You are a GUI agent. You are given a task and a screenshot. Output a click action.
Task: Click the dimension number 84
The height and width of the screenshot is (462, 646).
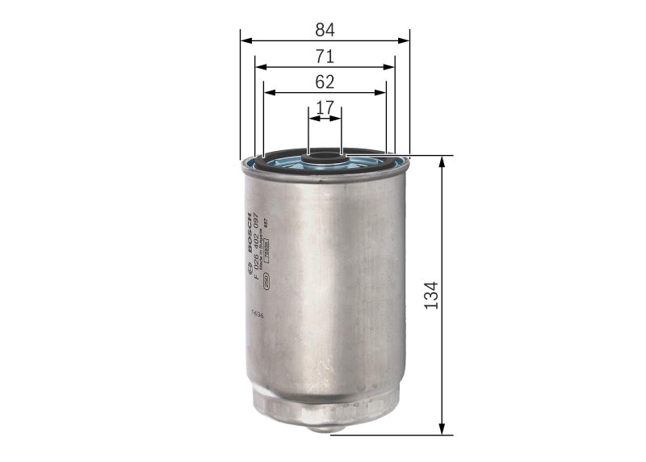325,30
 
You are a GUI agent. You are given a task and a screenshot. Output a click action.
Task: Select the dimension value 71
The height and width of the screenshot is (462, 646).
325,56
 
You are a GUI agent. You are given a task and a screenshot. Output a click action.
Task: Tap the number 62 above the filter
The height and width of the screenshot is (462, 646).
325,82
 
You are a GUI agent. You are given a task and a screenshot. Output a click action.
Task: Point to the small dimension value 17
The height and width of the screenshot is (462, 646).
325,107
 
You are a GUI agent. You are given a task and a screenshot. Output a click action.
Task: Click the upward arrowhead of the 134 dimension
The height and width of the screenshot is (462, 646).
442,160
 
